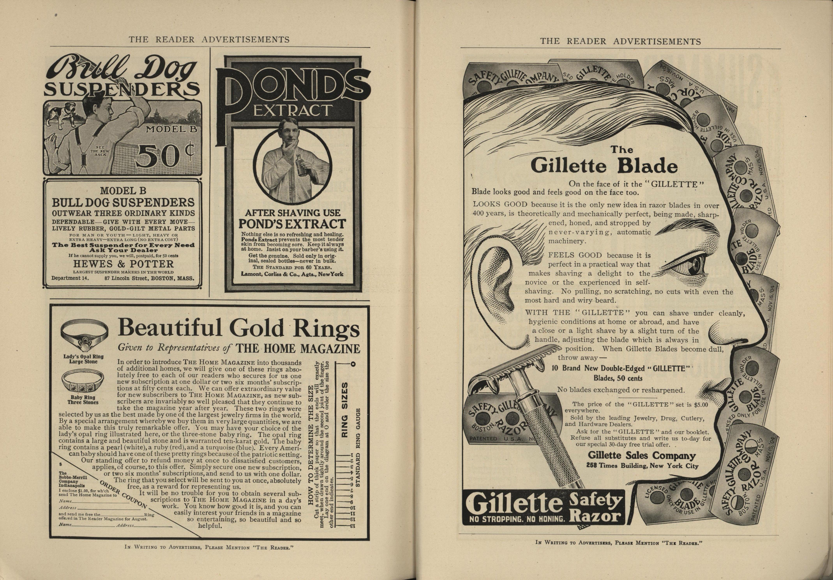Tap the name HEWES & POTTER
coord(123,264)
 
